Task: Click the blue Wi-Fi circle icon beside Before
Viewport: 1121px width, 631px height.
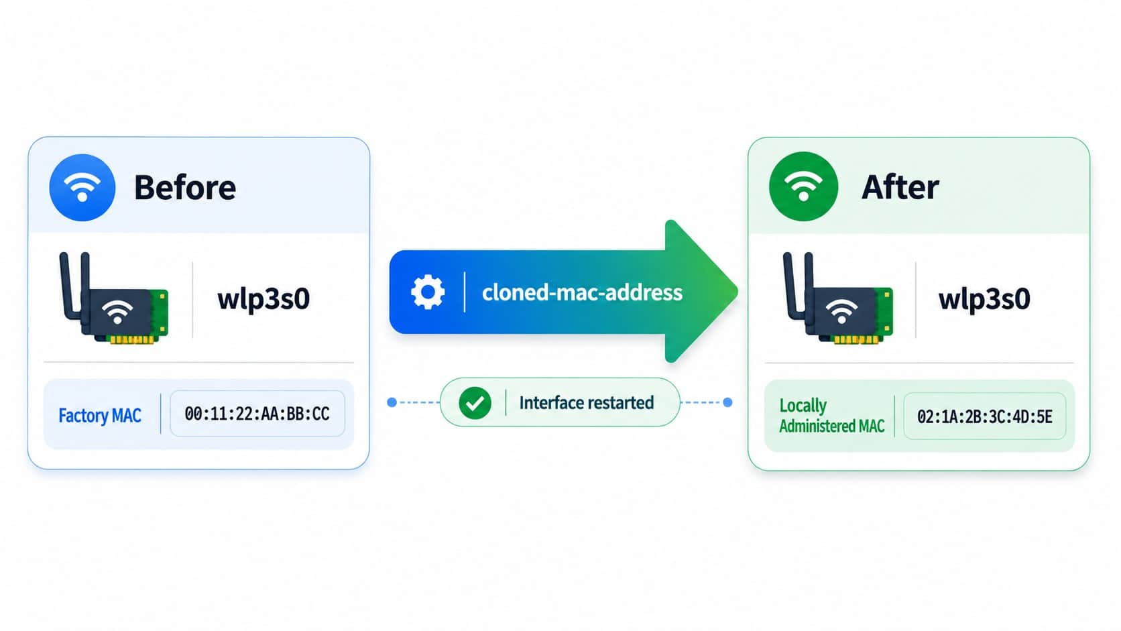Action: coord(82,188)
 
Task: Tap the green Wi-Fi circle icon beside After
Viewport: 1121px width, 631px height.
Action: coord(803,186)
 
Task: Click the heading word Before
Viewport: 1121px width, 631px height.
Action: coord(185,188)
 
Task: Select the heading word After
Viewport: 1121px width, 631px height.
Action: coord(900,187)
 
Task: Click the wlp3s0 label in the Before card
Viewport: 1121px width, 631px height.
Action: coord(263,299)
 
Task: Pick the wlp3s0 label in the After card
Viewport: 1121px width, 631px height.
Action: coord(984,299)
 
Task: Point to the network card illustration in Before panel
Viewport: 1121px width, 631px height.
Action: coord(114,298)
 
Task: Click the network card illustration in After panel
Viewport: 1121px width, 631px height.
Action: coord(838,298)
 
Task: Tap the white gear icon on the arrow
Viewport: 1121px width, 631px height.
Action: coord(427,292)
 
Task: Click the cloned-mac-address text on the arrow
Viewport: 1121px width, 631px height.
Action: coord(582,293)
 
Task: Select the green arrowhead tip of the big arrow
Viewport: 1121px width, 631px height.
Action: coord(737,291)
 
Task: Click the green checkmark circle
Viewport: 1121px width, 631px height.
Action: coord(475,403)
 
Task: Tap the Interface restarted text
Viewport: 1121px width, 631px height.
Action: coord(587,403)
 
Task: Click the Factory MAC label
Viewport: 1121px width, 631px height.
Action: coord(100,415)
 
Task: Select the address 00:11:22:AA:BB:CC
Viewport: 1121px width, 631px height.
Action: coord(257,414)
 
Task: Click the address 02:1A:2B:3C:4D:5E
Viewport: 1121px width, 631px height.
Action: coord(985,416)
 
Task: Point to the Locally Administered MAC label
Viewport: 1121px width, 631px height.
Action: coord(832,415)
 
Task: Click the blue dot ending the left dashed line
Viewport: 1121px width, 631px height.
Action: coord(392,402)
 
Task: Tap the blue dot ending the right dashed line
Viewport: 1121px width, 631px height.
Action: coord(728,402)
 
